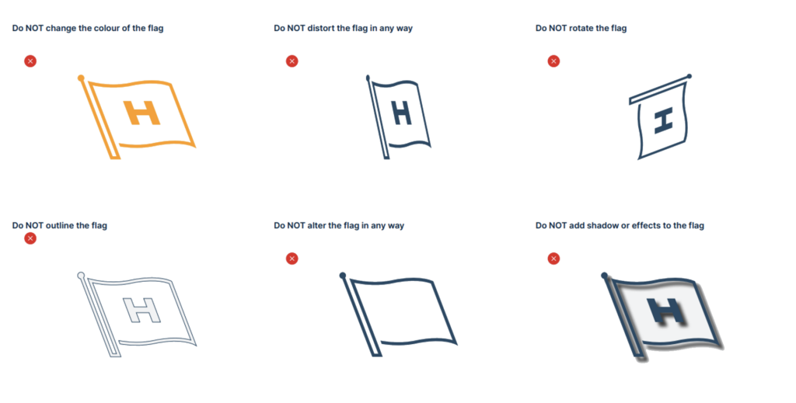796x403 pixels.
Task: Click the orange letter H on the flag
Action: tap(141, 113)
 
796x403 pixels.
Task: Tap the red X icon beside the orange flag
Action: tap(30, 61)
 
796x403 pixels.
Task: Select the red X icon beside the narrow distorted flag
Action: tap(292, 61)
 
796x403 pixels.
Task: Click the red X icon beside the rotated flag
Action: tap(553, 61)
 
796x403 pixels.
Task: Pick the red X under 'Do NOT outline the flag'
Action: tap(30, 238)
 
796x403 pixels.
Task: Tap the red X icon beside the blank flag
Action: tap(292, 259)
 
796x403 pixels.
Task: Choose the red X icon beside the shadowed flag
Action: tap(553, 259)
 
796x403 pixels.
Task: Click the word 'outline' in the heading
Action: tap(60, 226)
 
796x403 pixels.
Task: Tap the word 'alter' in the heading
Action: tap(317, 226)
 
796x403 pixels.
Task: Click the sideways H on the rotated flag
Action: tap(663, 120)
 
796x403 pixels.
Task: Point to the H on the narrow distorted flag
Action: tap(402, 113)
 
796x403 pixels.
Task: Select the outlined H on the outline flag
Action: tap(141, 311)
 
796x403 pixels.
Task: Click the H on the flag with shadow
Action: tap(666, 311)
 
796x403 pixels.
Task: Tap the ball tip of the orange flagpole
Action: tap(81, 78)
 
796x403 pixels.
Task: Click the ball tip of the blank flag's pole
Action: tap(343, 276)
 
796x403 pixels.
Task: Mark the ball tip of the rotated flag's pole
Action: tap(689, 77)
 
